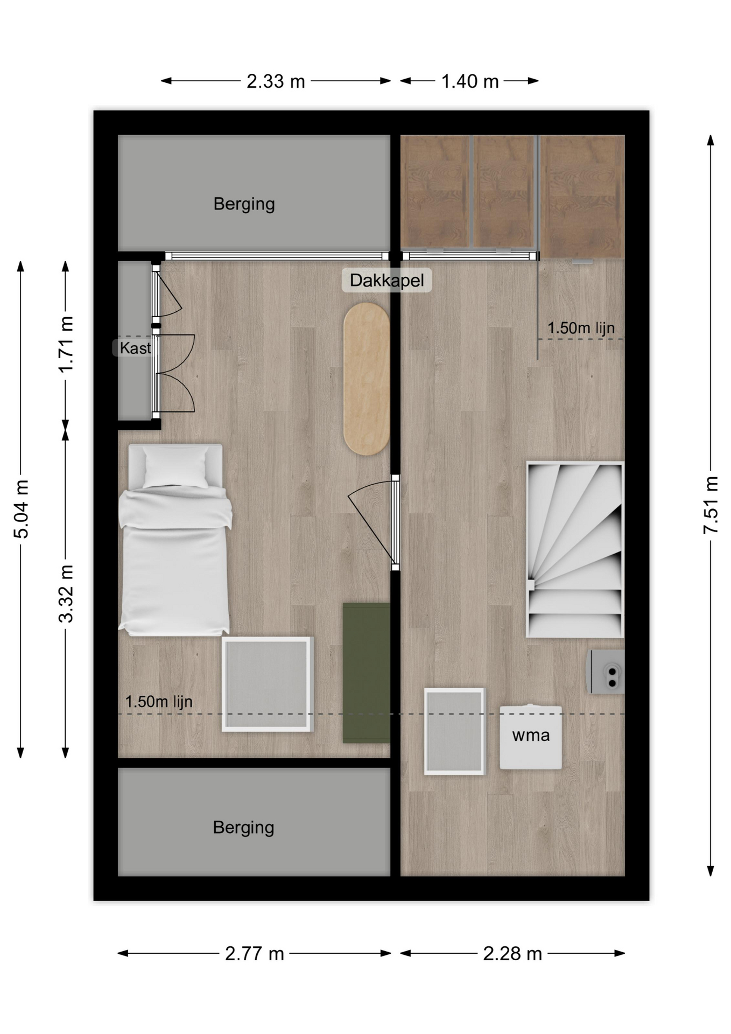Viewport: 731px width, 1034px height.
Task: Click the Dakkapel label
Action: click(x=387, y=280)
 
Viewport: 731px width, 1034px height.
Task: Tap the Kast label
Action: click(x=135, y=348)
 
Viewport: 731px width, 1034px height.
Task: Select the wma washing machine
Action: click(x=531, y=737)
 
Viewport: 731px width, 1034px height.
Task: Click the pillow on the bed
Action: click(x=175, y=466)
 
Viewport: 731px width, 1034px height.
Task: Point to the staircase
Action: click(x=575, y=549)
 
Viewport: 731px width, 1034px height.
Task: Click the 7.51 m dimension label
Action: click(x=711, y=505)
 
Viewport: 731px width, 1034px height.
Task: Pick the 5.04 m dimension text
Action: click(x=21, y=509)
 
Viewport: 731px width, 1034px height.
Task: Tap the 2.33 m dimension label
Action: click(x=276, y=81)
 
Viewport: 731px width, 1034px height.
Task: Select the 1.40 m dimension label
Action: click(x=470, y=81)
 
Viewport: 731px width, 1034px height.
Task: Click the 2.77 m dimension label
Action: click(x=254, y=953)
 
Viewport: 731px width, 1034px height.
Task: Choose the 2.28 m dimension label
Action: click(x=512, y=953)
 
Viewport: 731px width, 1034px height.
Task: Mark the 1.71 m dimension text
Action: click(x=66, y=345)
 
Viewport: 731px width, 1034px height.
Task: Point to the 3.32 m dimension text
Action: click(x=66, y=593)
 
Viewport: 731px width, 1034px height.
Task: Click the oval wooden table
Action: click(x=366, y=379)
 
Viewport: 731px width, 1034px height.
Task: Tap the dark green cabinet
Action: click(x=367, y=673)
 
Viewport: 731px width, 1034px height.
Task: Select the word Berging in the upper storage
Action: click(x=244, y=204)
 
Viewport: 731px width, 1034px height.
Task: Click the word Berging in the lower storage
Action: click(x=243, y=827)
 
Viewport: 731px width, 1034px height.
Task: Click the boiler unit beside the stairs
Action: click(x=606, y=672)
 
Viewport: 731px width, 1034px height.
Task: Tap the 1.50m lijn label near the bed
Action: click(x=159, y=702)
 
